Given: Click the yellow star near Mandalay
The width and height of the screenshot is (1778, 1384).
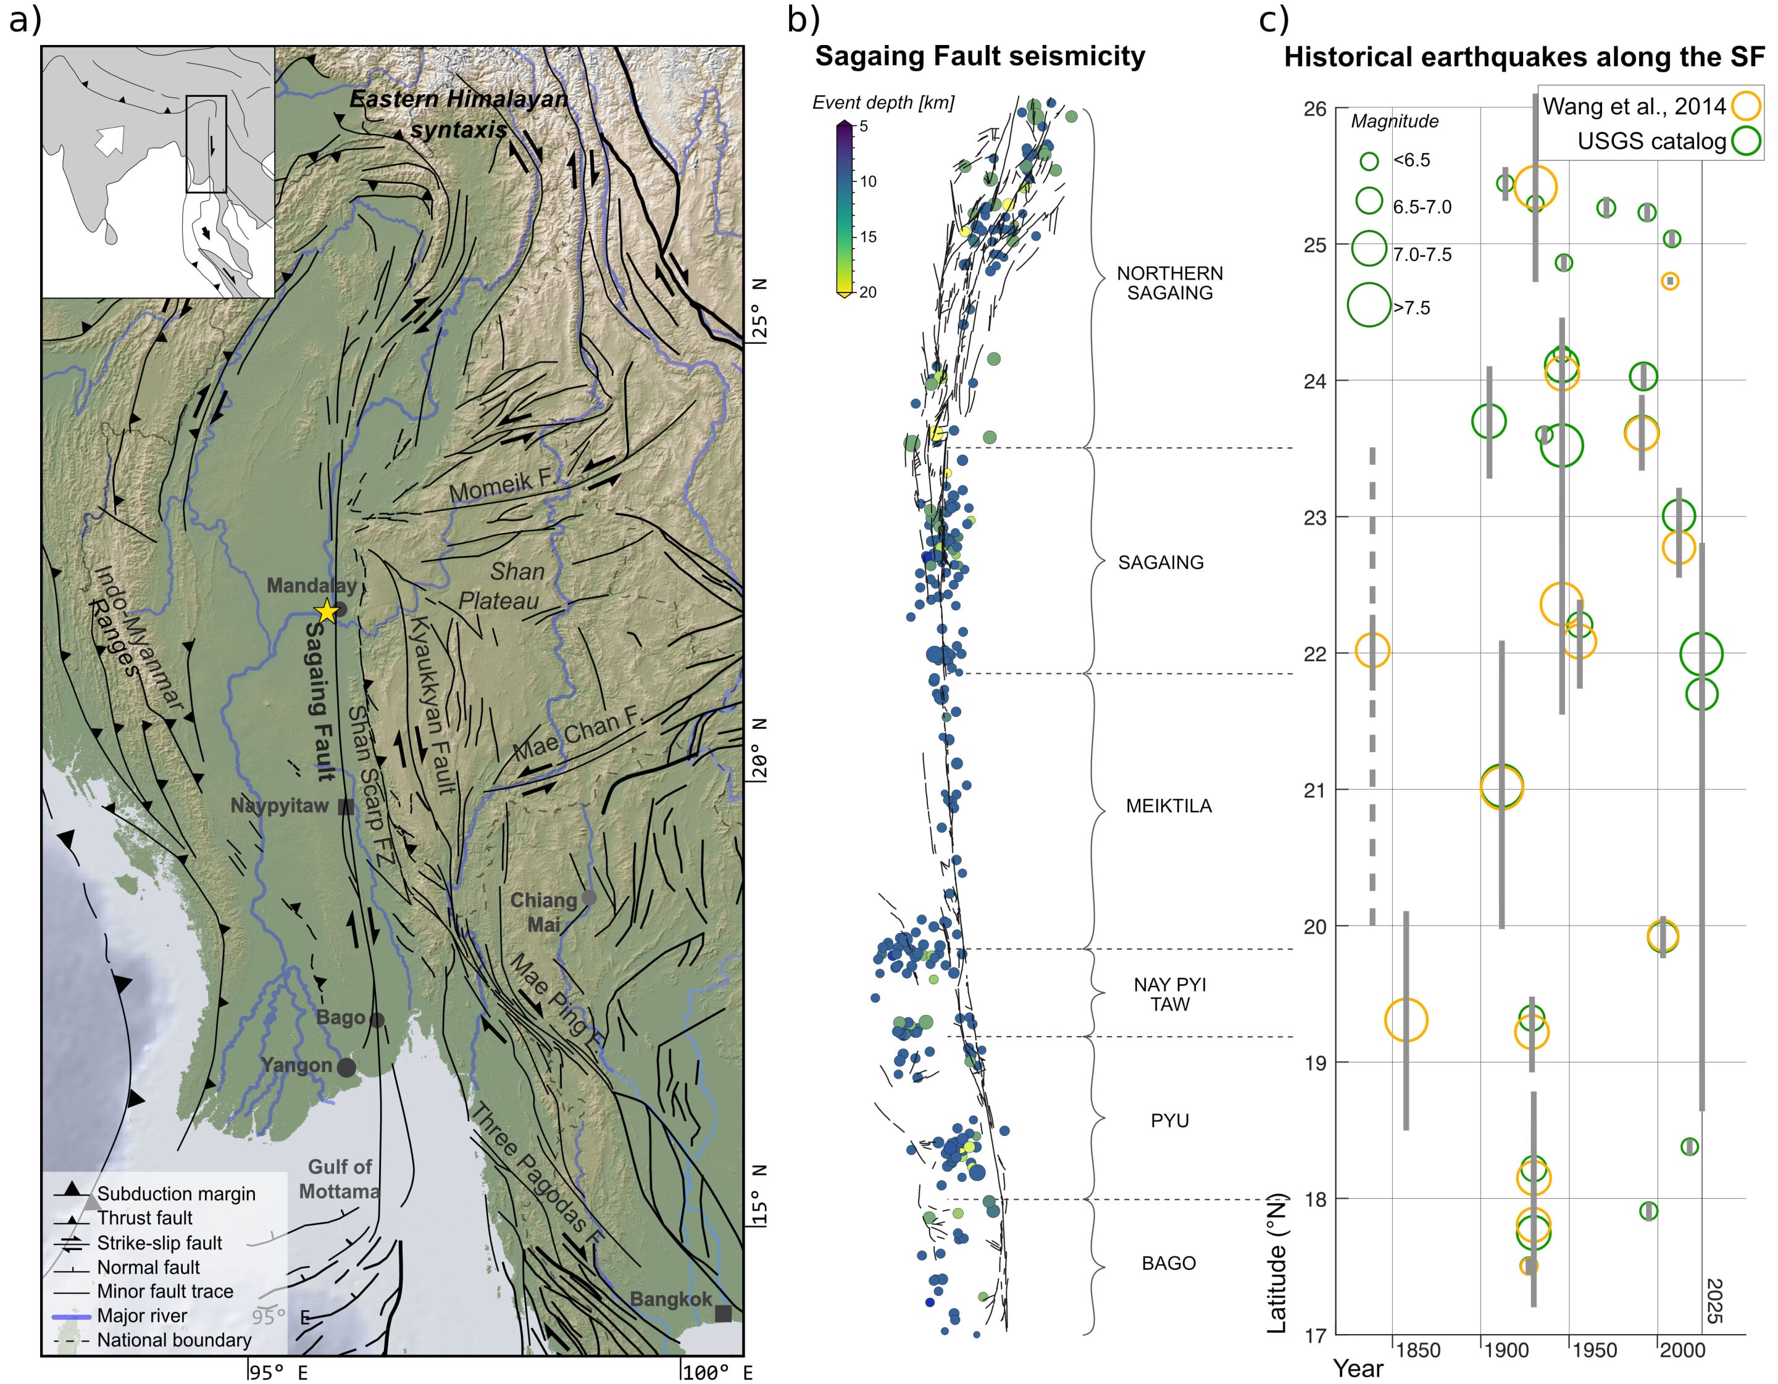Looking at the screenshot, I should pos(327,611).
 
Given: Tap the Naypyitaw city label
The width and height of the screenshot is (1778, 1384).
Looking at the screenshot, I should pos(279,805).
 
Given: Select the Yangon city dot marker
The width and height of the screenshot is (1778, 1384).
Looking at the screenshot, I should pos(346,1067).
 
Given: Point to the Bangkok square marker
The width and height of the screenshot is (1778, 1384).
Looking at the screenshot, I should pos(722,1312).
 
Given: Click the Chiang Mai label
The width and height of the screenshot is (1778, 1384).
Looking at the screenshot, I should pos(543,912).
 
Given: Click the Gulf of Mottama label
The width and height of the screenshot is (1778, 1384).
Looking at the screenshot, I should pos(339,1178).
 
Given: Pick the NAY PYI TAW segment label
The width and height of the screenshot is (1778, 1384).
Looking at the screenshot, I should pos(1169,993).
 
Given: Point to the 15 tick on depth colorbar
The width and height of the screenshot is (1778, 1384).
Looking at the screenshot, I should pos(868,237).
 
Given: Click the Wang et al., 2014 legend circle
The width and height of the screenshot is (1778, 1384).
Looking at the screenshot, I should pos(1745,106).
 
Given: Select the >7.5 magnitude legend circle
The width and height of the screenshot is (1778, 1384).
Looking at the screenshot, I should pos(1369,305).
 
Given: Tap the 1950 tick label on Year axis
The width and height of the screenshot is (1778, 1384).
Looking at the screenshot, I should pos(1593,1350).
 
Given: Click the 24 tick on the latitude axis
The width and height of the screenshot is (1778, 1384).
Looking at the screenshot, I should pos(1315,381).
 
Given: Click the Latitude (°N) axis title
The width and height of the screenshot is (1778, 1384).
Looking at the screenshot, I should pos(1277,1263).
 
